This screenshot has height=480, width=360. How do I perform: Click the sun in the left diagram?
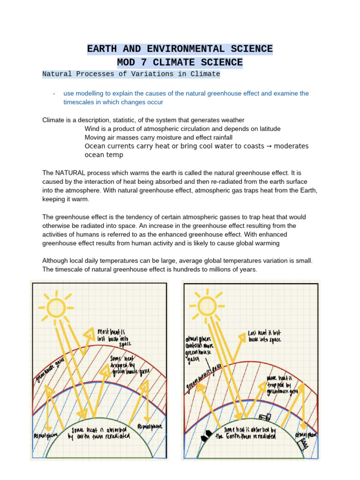coord(55,307)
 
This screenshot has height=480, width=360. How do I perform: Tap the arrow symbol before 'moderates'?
coord(270,146)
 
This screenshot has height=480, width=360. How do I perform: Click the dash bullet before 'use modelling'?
coord(54,93)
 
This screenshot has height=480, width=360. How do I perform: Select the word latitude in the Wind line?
coord(269,128)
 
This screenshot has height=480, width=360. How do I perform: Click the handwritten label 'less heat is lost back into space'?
coord(264,336)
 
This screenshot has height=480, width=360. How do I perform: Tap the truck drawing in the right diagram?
coord(264,416)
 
